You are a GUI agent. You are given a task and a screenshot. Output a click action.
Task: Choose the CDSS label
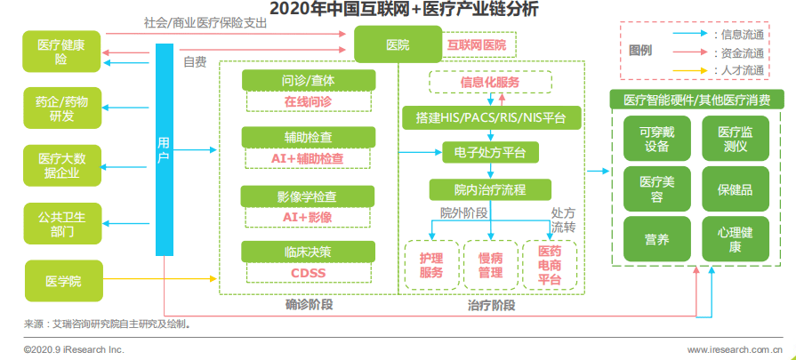(307, 271)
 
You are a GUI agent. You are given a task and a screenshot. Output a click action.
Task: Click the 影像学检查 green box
(307, 196)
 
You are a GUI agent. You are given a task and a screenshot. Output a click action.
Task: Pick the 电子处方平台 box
(490, 153)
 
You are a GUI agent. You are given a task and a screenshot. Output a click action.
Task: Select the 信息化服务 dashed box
(490, 83)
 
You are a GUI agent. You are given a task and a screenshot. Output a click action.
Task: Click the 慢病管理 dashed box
(490, 265)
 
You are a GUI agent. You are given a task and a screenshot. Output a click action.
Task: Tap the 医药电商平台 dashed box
(549, 265)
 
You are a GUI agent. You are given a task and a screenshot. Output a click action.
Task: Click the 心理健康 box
(735, 239)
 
